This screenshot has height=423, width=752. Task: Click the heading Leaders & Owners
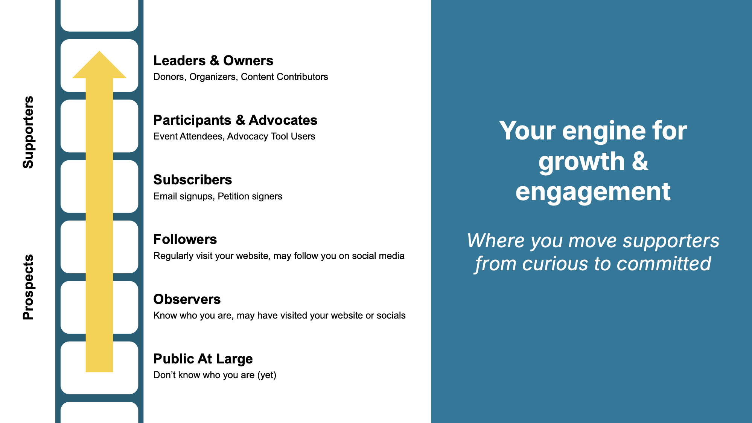213,61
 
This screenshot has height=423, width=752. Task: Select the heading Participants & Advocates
235,120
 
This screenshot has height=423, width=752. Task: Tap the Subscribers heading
193,180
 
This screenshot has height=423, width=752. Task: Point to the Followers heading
185,239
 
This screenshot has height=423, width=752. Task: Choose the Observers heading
187,299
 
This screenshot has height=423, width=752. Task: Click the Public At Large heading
203,359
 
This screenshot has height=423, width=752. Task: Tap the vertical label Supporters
28,132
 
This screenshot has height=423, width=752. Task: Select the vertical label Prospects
28,287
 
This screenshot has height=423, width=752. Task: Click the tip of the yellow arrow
99,51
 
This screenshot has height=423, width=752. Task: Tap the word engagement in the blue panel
593,192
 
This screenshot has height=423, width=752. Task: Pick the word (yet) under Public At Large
267,375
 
